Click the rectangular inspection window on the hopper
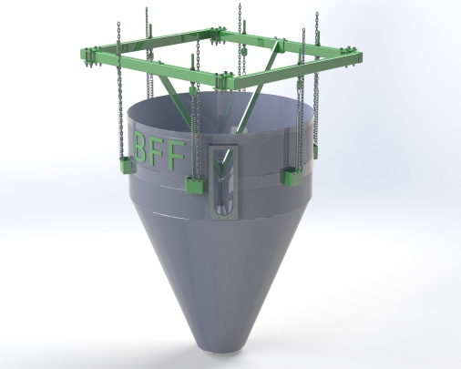(x=224, y=181)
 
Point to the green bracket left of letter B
(x=126, y=165)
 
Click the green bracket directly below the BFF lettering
(x=194, y=184)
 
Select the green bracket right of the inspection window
(x=292, y=176)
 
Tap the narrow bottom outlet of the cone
(x=222, y=345)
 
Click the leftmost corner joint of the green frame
(x=88, y=56)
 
